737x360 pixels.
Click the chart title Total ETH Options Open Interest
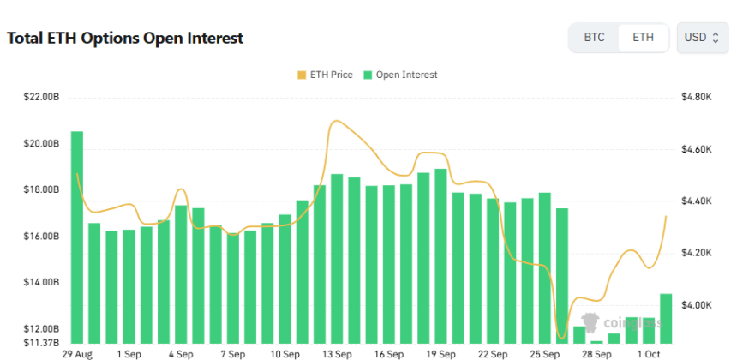(x=125, y=39)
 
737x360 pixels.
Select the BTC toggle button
(x=594, y=38)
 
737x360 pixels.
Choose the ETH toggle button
(x=643, y=38)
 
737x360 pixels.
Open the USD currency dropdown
(x=702, y=38)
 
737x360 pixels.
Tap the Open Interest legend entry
(x=400, y=75)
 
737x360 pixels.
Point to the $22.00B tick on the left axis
(x=41, y=98)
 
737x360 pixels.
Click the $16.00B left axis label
(x=41, y=237)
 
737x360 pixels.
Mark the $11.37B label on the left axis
(x=41, y=342)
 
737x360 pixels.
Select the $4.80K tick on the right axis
(x=696, y=98)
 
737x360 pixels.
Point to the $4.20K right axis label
(x=696, y=253)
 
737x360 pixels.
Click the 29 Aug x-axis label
(x=77, y=353)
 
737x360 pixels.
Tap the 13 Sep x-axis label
(x=337, y=353)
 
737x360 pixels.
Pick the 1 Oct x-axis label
(x=649, y=353)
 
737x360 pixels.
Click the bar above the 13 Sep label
(x=337, y=258)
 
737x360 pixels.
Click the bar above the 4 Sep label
(x=181, y=274)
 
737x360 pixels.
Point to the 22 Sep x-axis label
(x=493, y=353)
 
